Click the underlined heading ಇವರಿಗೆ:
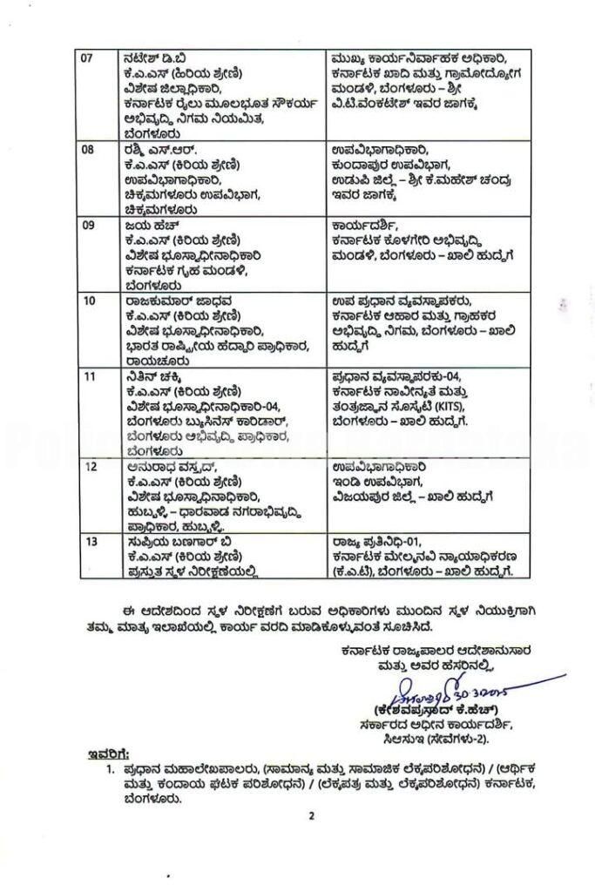110,753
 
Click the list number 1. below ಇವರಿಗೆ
109,770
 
